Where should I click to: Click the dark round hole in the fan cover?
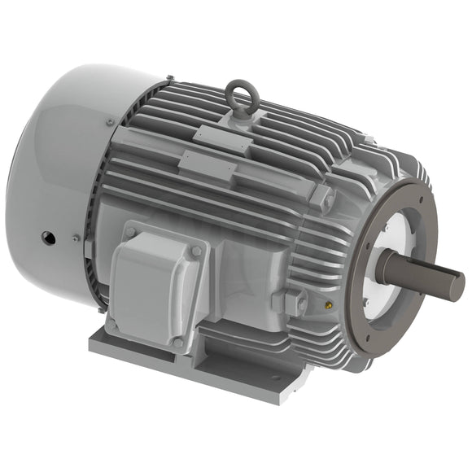tap(47, 238)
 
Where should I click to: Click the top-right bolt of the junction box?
tap(195, 251)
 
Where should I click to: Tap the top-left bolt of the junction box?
tap(130, 234)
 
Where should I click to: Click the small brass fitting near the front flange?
tap(329, 306)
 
